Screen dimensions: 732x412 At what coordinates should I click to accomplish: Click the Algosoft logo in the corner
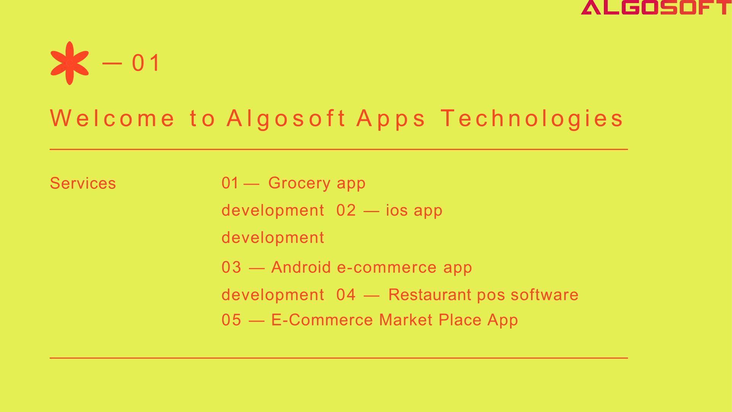click(x=656, y=7)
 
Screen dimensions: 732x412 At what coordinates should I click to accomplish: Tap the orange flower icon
click(x=69, y=63)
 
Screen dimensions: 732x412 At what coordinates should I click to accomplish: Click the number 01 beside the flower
click(x=146, y=63)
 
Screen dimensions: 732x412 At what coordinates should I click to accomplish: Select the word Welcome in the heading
click(x=112, y=118)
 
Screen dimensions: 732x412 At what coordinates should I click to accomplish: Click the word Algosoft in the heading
click(x=286, y=118)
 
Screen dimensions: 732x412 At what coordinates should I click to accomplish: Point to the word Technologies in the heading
click(x=532, y=119)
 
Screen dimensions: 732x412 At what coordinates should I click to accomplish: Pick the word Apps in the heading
click(x=391, y=119)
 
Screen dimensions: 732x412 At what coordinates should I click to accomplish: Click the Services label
click(x=83, y=183)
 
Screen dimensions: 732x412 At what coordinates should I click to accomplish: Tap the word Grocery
click(x=299, y=183)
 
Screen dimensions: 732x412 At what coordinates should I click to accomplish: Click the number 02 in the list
click(x=346, y=211)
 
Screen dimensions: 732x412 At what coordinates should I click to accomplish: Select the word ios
click(x=396, y=211)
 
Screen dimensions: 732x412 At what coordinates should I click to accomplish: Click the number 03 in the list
click(x=231, y=267)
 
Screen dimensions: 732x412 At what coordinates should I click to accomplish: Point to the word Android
click(x=301, y=267)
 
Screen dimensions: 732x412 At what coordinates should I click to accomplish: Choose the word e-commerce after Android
click(x=387, y=267)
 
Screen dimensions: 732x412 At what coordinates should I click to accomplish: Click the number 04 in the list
click(x=346, y=295)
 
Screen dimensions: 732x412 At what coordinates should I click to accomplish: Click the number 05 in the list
click(x=231, y=320)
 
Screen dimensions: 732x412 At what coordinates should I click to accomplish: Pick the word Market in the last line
click(x=406, y=320)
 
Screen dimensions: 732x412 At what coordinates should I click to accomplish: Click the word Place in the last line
click(x=460, y=320)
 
